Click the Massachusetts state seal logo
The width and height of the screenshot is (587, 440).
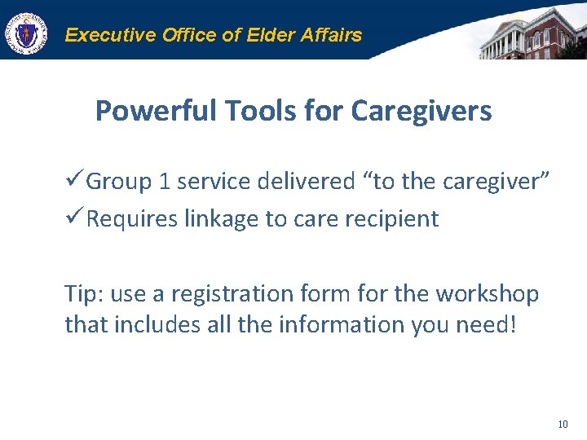(x=26, y=35)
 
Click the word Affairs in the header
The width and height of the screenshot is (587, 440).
(x=330, y=35)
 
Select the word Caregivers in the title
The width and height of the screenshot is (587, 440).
(x=421, y=111)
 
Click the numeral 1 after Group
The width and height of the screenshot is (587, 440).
(x=165, y=182)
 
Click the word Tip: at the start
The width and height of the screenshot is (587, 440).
(x=83, y=293)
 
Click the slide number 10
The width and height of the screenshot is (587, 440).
(x=563, y=424)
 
